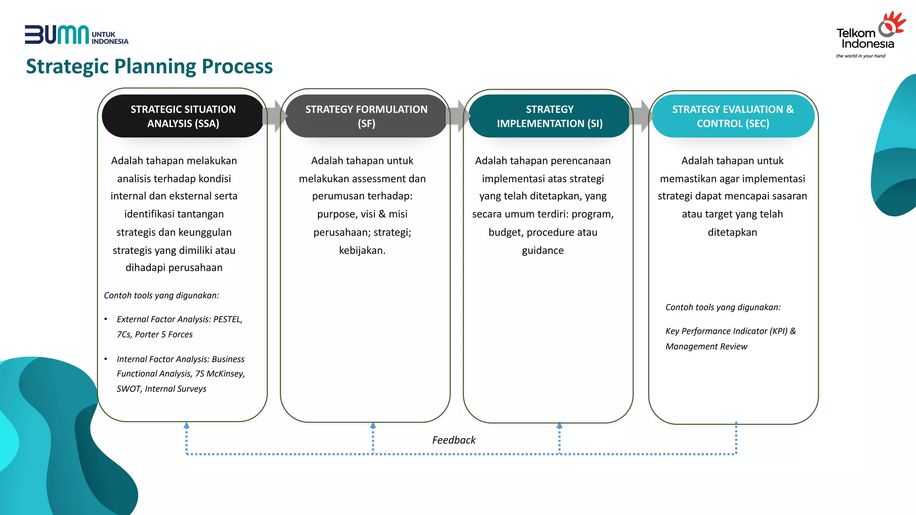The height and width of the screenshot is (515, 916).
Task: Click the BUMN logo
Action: point(76,35)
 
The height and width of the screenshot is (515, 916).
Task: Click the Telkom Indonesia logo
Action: point(870,34)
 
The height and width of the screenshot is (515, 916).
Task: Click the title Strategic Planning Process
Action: point(149,66)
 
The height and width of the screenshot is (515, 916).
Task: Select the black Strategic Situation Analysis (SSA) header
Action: point(183,116)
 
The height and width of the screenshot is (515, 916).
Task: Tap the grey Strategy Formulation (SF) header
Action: point(366,116)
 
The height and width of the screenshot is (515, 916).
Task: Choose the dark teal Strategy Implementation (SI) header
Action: point(549,116)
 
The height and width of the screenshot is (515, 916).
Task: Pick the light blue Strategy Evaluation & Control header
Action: point(733,116)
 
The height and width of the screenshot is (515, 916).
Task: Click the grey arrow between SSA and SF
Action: point(274,116)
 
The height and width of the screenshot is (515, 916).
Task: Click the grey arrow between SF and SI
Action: point(458,116)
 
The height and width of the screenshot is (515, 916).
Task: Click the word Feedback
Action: point(454,440)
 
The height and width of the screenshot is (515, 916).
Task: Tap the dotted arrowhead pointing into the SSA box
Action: point(187,426)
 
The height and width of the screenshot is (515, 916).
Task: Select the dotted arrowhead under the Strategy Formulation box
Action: point(373,426)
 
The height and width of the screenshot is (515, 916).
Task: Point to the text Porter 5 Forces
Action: point(164,334)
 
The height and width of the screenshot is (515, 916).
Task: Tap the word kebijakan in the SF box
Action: point(361,250)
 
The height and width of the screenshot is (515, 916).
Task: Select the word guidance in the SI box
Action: point(543,250)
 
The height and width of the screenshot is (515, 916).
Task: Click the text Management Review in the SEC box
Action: point(706,346)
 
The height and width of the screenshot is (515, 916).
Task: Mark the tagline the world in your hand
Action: point(861,56)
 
